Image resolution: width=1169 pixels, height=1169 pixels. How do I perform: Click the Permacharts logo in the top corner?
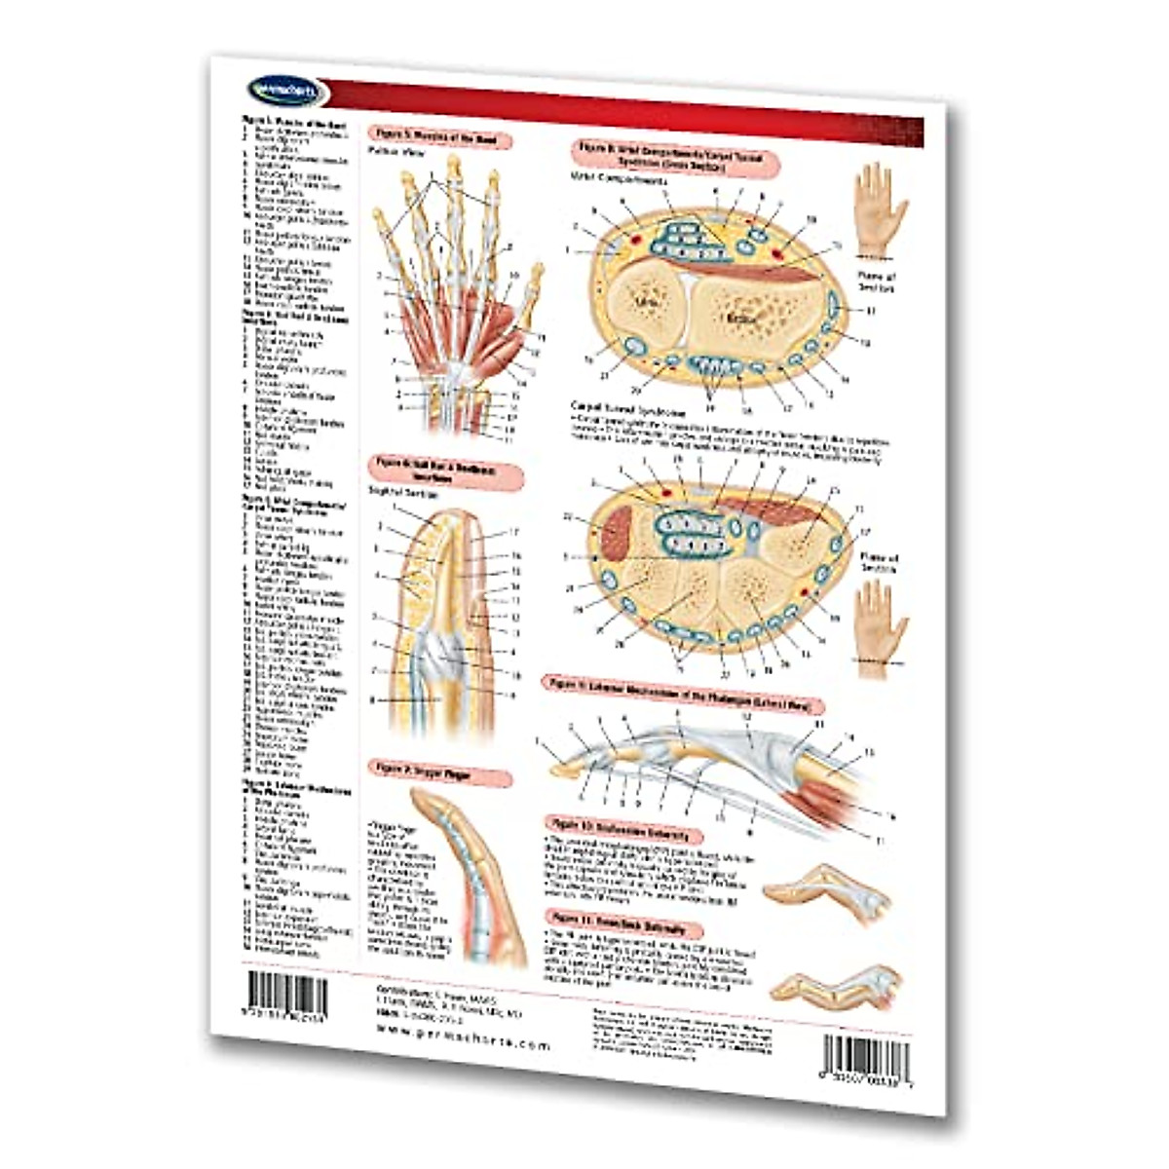(276, 90)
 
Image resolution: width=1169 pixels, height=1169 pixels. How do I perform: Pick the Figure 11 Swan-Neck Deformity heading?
(624, 921)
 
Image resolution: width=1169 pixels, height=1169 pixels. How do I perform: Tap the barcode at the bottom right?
(866, 1055)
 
